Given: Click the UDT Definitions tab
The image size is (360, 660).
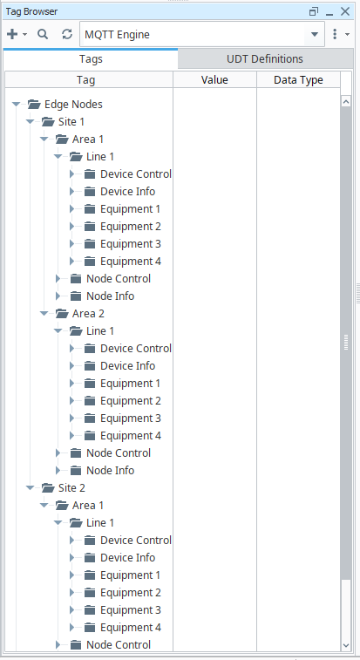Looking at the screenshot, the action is tap(265, 59).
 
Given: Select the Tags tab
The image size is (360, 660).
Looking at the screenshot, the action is tap(91, 59).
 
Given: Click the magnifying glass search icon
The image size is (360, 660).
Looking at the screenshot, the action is tap(43, 34).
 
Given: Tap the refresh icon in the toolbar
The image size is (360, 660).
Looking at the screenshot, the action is tap(67, 34).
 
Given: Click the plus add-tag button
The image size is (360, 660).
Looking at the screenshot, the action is tap(12, 34).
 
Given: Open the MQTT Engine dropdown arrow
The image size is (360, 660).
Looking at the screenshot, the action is tap(315, 35).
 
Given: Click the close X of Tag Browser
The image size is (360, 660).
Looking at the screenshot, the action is tap(345, 11).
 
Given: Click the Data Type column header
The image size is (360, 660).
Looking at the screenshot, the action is tap(298, 80).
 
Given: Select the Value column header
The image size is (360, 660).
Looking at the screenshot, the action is tap(214, 80).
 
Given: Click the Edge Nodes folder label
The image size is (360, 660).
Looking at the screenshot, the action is tap(73, 104).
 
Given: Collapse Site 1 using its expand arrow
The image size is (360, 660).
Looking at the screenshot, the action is tap(30, 122).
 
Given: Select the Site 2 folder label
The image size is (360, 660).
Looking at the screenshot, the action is tap(71, 488).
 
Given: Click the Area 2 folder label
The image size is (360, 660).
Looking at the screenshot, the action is tap(88, 314).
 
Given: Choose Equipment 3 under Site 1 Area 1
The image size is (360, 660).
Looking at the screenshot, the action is tap(131, 244).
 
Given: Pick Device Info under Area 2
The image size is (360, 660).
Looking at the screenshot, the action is tap(127, 366).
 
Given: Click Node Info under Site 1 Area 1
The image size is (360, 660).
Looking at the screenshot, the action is tap(111, 296).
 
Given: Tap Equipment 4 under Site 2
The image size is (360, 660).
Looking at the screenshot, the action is tap(131, 627).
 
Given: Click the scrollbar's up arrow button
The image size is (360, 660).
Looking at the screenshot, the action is tap(346, 101).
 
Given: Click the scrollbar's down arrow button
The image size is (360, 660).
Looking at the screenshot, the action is tap(346, 645).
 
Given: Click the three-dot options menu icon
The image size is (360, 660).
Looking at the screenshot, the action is tap(335, 34).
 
